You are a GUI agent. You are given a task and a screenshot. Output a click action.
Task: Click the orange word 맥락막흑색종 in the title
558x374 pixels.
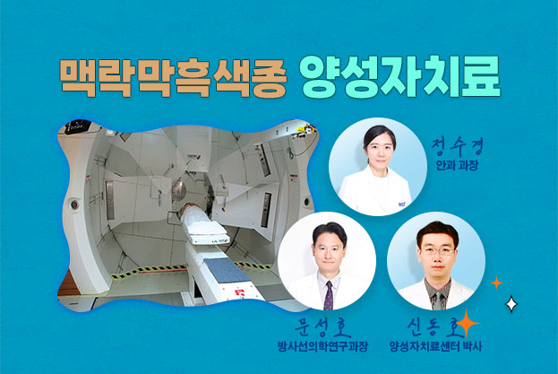pyautogui.click(x=170, y=79)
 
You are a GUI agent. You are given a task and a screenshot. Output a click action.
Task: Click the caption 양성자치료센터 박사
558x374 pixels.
pyautogui.click(x=436, y=344)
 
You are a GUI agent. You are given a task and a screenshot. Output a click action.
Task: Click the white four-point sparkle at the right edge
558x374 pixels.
pyautogui.click(x=511, y=304)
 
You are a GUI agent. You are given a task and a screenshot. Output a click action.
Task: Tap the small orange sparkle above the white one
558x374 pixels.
pyautogui.click(x=496, y=283)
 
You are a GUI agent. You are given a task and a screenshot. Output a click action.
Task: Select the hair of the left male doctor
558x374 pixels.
pyautogui.click(x=326, y=230)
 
